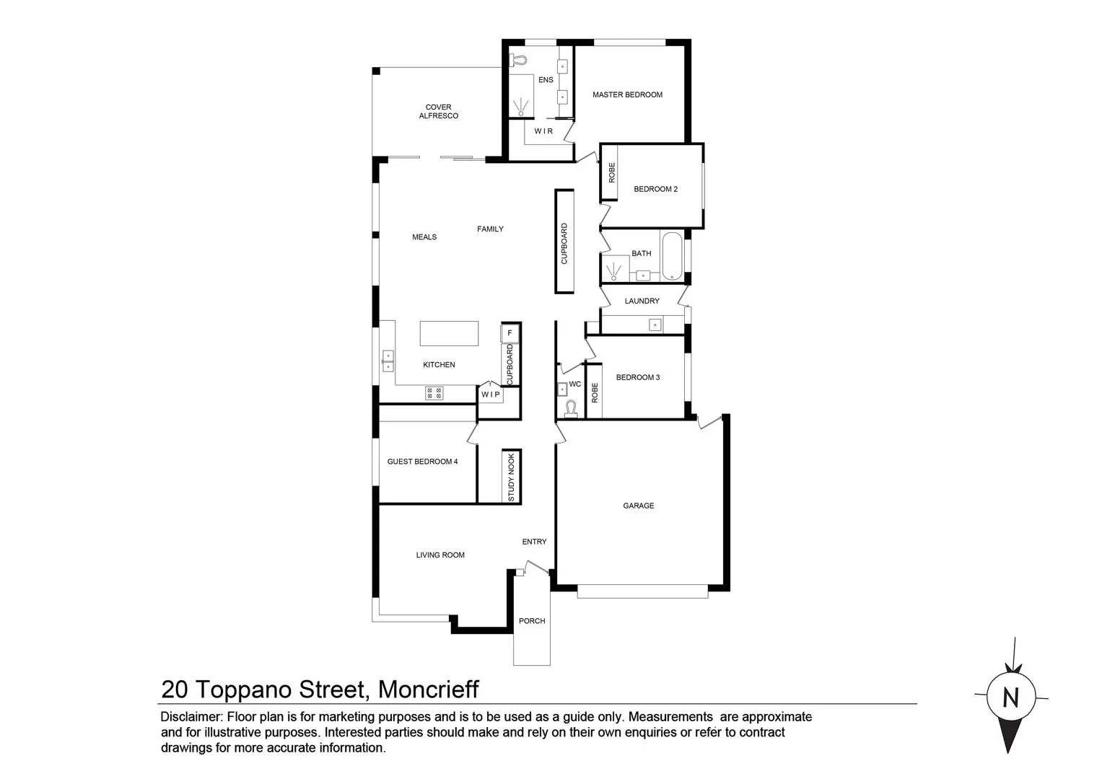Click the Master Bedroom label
tap(627, 94)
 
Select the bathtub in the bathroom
tap(672, 255)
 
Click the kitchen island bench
tap(449, 333)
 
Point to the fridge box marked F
tap(510, 333)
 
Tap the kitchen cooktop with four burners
tap(434, 393)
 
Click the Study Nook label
tap(511, 477)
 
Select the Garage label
tap(638, 506)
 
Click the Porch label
tap(532, 621)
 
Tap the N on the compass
tap(1010, 698)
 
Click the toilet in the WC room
tap(572, 410)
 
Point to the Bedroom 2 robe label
tap(612, 172)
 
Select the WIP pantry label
tap(491, 395)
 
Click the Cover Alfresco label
tap(438, 111)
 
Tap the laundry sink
tap(655, 325)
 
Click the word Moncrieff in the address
tap(429, 690)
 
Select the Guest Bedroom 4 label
tap(422, 462)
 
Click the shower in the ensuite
tap(520, 107)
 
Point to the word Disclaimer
tap(191, 717)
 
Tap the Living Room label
tap(440, 555)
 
